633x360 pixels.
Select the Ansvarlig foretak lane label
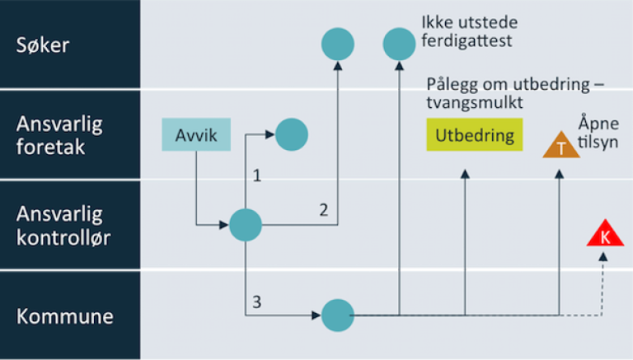59,135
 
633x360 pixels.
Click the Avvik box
196,134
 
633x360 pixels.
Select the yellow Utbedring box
475,135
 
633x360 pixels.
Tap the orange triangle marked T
561,147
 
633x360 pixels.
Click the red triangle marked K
604,236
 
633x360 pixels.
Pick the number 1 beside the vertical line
257,175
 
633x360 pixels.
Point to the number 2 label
324,210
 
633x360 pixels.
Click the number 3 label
257,302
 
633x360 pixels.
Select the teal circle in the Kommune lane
336,315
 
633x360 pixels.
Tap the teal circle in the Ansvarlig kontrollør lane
245,224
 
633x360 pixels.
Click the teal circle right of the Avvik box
291,134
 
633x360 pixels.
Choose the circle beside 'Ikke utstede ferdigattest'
400,44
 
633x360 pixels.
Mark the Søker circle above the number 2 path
337,44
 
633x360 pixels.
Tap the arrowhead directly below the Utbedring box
465,174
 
